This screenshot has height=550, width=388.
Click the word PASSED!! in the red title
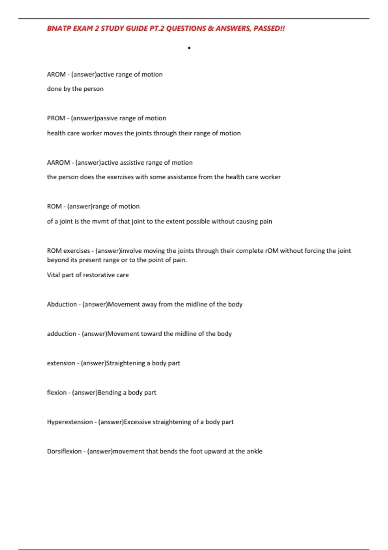tap(269, 28)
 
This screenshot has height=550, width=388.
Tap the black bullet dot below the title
tap(189, 48)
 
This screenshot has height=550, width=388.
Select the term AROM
tap(56, 74)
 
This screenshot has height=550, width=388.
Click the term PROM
tap(56, 118)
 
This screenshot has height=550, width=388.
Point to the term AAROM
tap(58, 163)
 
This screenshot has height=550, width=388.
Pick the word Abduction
tap(62, 304)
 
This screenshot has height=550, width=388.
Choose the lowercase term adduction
tap(61, 334)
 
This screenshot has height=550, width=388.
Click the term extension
tap(61, 363)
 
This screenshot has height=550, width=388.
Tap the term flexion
tap(57, 393)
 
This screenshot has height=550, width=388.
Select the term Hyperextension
tap(70, 422)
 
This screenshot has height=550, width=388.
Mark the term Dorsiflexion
tap(64, 451)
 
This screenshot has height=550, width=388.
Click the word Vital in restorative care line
tap(53, 275)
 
